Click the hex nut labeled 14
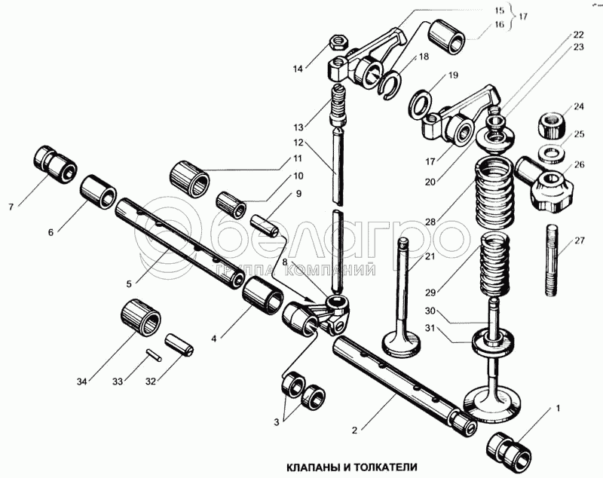338,41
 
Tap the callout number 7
11,207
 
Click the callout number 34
81,381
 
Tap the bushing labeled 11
189,179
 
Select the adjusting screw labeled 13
338,104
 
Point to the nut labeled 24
552,125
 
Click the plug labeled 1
508,448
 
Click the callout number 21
430,256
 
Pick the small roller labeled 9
265,227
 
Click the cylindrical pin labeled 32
179,345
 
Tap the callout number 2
354,430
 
